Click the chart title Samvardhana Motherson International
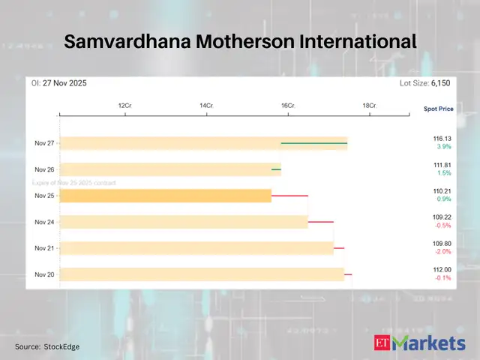coord(240,42)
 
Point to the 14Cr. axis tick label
coord(206,106)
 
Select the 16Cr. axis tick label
coord(288,106)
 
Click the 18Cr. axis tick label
coord(369,106)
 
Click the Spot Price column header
coord(438,109)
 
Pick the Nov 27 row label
coord(44,142)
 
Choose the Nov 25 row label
coord(44,196)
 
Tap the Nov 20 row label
coord(44,274)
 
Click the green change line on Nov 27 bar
coord(313,142)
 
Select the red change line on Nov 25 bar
coord(289,196)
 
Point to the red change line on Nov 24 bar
coord(320,222)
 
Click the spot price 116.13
coord(442,139)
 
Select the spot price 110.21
coord(442,191)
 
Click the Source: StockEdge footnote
coord(47,346)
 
